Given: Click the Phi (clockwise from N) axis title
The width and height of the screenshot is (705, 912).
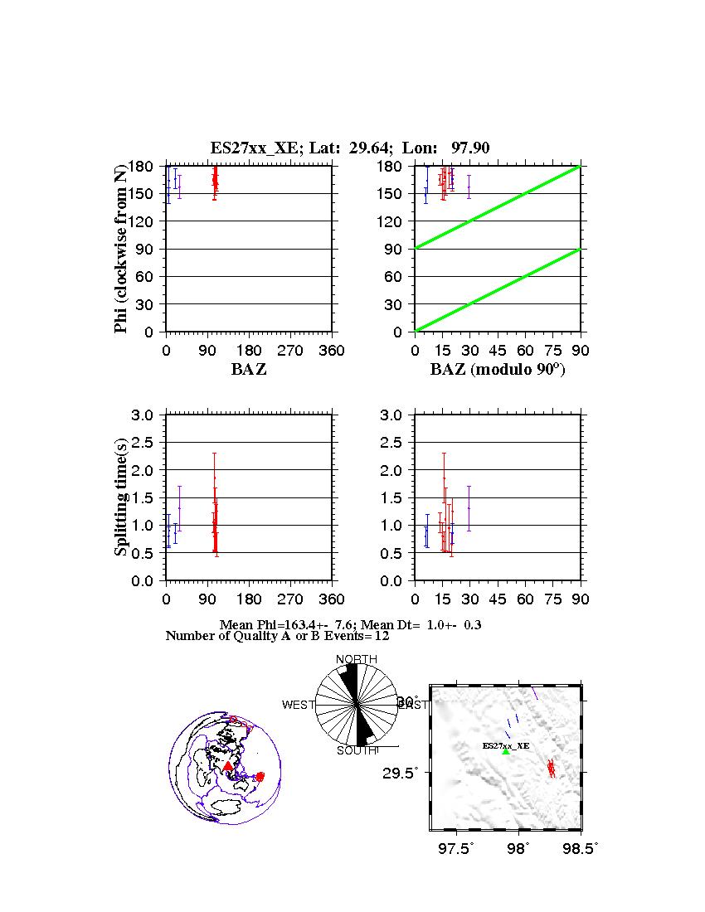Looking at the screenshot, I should [122, 249].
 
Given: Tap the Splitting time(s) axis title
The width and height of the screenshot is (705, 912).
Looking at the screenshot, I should [122, 497].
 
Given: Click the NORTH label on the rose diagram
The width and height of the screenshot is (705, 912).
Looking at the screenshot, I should [357, 659].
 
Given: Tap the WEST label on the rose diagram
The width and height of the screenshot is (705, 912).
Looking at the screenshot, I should [299, 705].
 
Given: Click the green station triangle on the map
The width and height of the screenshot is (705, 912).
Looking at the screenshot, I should [506, 751].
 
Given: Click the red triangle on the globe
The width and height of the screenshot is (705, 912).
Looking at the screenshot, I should [228, 766].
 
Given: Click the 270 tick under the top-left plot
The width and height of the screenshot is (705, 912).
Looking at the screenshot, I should [290, 351].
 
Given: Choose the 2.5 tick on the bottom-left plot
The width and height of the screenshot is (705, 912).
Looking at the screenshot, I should [146, 443].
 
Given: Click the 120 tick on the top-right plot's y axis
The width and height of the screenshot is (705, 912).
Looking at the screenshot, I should [395, 221].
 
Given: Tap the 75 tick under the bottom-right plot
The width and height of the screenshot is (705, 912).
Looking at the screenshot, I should [552, 599].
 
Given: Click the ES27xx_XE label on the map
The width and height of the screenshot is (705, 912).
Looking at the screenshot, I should [506, 746].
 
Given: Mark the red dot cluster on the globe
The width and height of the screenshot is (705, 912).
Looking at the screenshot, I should [260, 777].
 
